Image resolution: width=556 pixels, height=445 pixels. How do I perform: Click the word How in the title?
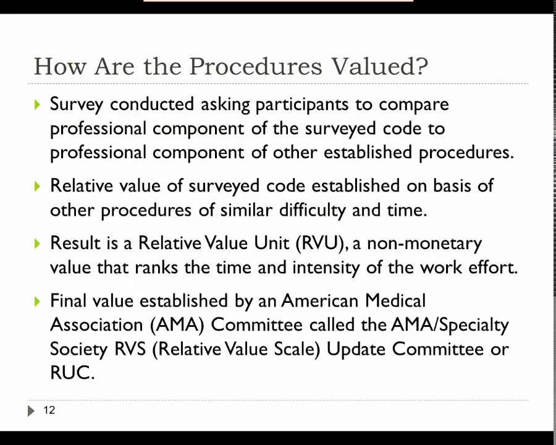click(57, 66)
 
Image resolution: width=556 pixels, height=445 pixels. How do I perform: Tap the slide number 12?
click(49, 410)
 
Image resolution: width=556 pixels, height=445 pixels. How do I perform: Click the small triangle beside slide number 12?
click(32, 410)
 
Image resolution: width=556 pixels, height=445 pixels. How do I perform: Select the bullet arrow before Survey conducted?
click(38, 104)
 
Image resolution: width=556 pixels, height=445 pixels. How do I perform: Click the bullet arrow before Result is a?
click(38, 244)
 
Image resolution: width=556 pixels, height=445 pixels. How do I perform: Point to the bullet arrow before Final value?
click(38, 301)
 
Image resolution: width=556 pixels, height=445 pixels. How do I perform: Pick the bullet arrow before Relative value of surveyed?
click(38, 185)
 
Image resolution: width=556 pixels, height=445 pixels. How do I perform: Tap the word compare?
click(413, 104)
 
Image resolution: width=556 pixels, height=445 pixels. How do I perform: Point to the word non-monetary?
click(424, 243)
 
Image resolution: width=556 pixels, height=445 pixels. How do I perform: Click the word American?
click(320, 301)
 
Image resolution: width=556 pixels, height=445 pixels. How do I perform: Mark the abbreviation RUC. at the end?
click(72, 373)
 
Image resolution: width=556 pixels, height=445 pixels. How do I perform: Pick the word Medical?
click(395, 301)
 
